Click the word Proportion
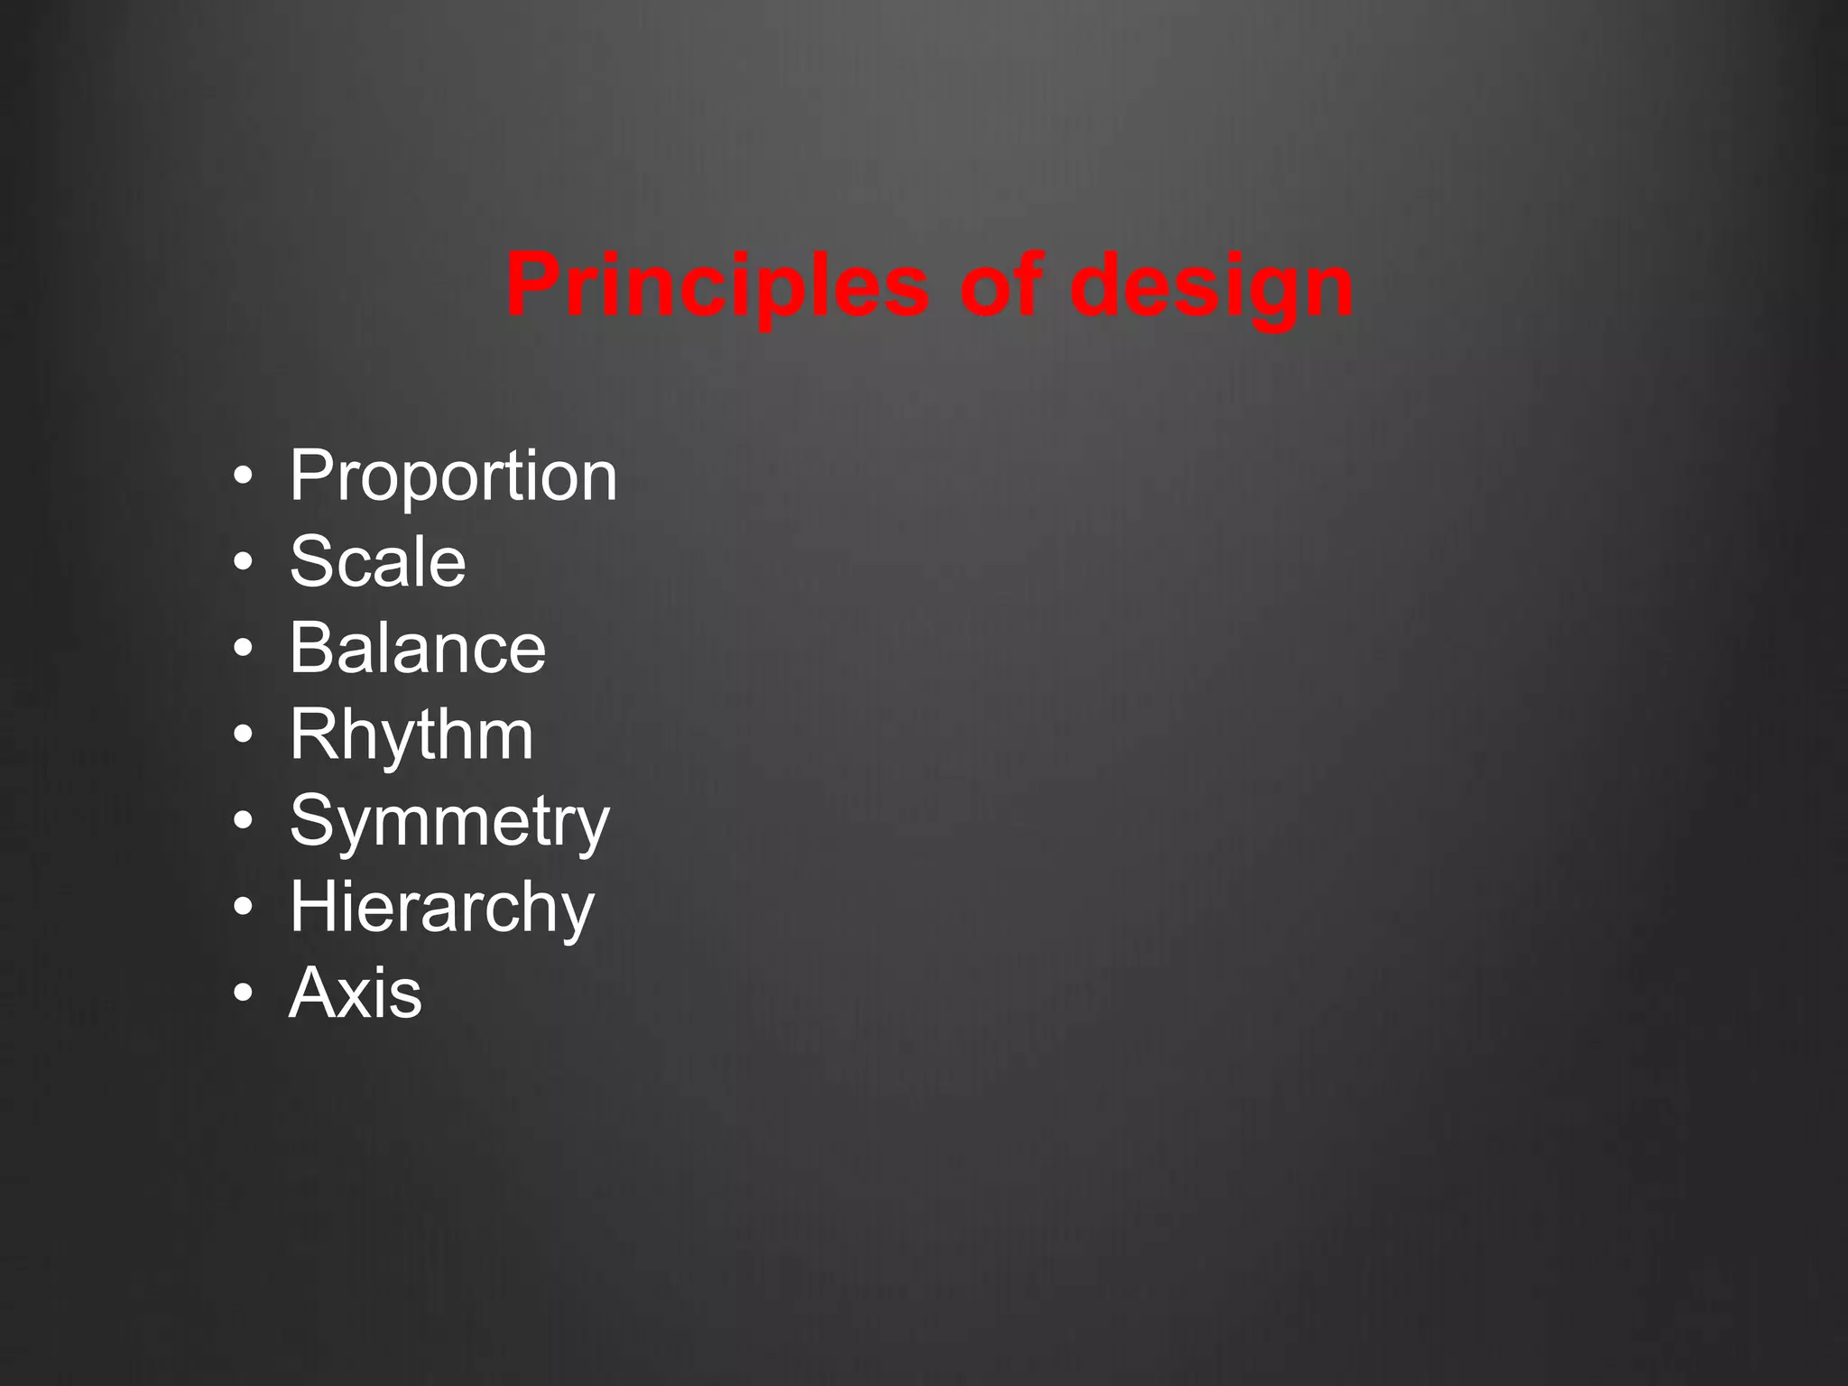453,476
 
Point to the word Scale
377,561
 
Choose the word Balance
418,647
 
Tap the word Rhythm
411,735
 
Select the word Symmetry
449,821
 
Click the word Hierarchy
442,907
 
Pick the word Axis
356,993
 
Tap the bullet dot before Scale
241,563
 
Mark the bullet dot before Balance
241,649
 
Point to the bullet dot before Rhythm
241,735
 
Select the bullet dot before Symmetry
241,822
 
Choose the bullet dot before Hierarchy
241,908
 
